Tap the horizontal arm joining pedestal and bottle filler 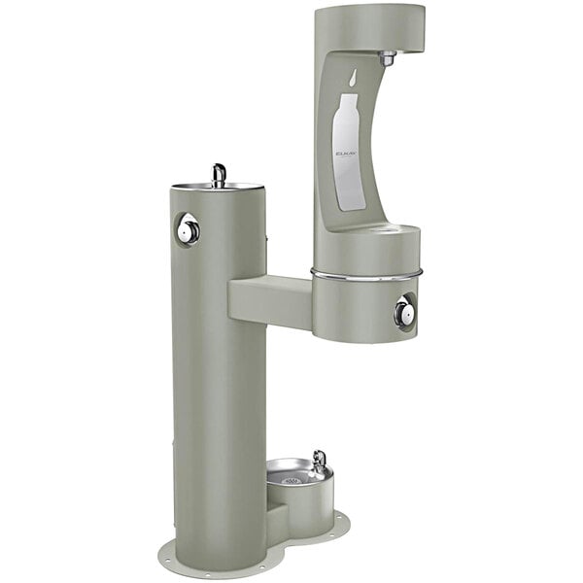click(269, 300)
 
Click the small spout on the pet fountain click(318, 460)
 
